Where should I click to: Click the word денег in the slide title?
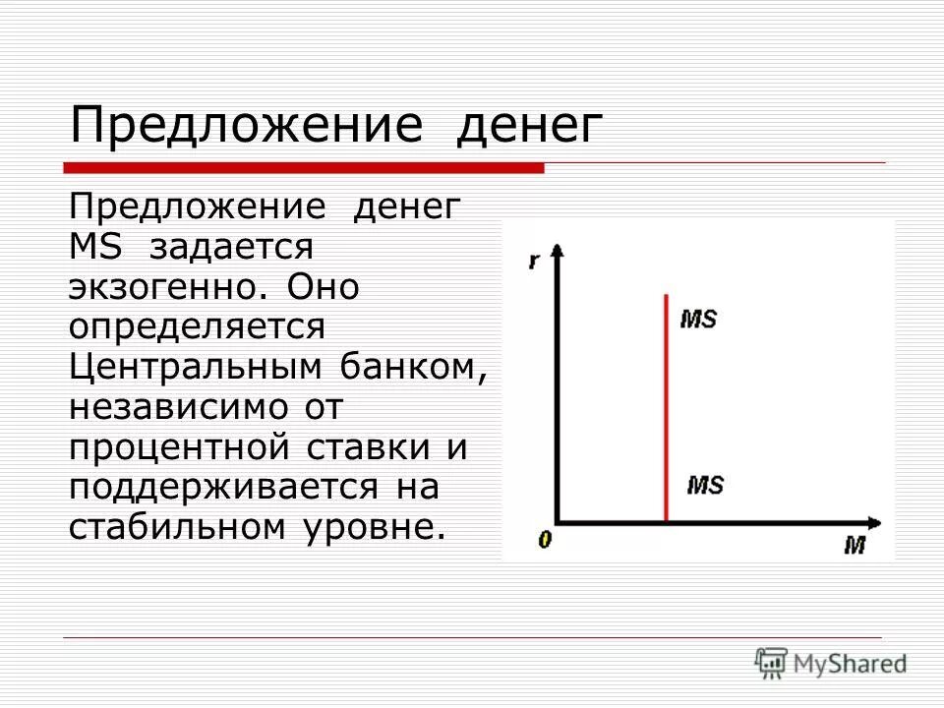(527, 127)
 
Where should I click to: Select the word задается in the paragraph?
(231, 247)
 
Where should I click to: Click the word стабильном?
(171, 526)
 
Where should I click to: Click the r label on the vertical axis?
(533, 262)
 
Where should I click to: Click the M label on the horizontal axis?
(854, 544)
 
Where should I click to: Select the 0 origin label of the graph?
(544, 539)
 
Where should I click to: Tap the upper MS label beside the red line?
(698, 321)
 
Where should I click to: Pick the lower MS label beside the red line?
(704, 485)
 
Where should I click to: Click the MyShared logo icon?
(771, 661)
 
